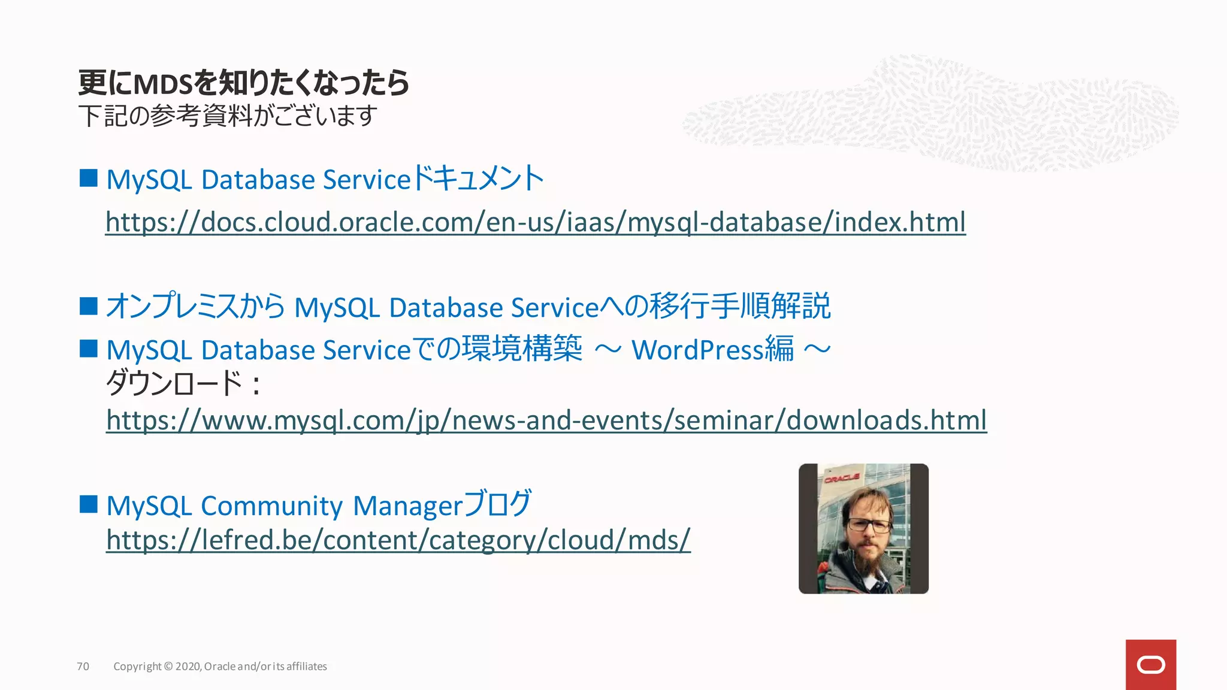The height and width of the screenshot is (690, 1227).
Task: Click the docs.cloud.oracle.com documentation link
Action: tap(535, 222)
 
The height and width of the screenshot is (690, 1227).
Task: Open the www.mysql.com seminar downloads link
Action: tap(546, 420)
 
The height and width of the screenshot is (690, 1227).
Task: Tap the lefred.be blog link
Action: tap(398, 540)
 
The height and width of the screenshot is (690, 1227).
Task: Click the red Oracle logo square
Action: tap(1150, 665)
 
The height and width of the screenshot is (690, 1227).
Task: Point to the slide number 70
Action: tap(83, 667)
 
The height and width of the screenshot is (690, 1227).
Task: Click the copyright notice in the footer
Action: tap(220, 667)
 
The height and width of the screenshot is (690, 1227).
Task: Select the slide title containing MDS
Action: tap(243, 83)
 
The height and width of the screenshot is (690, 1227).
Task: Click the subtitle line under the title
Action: tap(227, 116)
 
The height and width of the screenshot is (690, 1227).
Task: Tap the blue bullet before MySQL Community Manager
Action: tap(89, 504)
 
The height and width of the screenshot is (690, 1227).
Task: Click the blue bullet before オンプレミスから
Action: tap(89, 306)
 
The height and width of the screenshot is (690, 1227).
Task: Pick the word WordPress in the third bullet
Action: tap(697, 350)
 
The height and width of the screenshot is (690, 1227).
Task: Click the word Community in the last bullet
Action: tap(271, 506)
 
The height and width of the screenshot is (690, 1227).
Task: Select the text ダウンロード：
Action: tap(183, 383)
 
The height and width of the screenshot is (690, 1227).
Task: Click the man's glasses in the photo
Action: tap(868, 525)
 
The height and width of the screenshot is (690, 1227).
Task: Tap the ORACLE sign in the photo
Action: tap(842, 478)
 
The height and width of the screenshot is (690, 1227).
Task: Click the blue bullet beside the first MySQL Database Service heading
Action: tap(89, 178)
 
